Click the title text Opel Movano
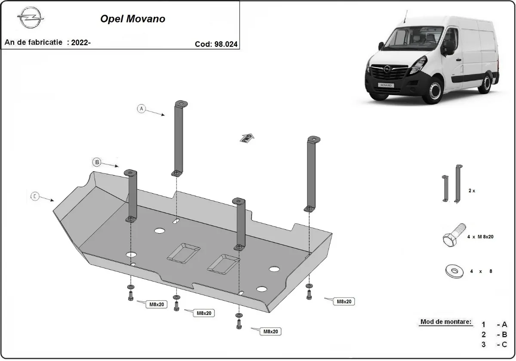pyautogui.click(x=132, y=19)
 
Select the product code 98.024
pyautogui.click(x=225, y=43)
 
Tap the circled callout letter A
pyautogui.click(x=141, y=108)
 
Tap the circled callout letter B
pyautogui.click(x=97, y=162)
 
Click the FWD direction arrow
pyautogui.click(x=247, y=138)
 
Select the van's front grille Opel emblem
pyautogui.click(x=388, y=69)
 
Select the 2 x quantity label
pyautogui.click(x=472, y=190)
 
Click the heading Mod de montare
pyautogui.click(x=445, y=322)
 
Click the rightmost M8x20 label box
pyautogui.click(x=344, y=302)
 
